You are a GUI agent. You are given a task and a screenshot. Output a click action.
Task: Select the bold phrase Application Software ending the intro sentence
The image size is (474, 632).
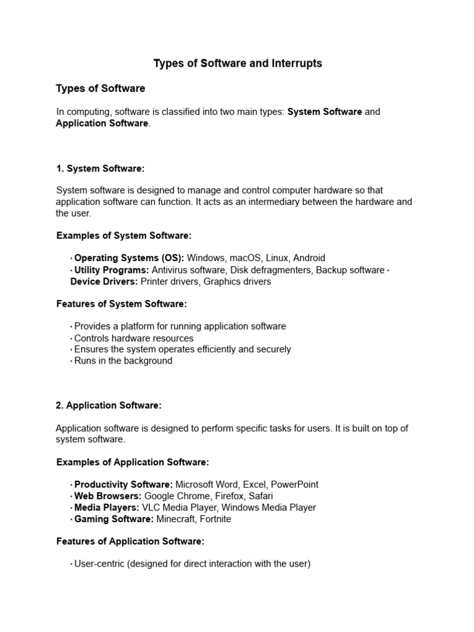click(x=102, y=123)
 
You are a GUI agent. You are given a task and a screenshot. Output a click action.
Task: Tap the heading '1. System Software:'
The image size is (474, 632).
click(x=100, y=168)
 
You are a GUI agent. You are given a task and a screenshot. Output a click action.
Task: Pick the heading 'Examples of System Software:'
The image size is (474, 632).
click(x=123, y=236)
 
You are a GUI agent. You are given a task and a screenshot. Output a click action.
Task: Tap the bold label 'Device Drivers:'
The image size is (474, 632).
click(x=104, y=281)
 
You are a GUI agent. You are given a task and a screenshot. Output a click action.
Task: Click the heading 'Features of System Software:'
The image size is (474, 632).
click(x=121, y=304)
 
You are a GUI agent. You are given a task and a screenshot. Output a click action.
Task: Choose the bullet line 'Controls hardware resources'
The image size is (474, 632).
click(x=133, y=338)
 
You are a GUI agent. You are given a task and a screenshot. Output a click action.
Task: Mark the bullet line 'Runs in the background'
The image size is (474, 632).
click(x=123, y=360)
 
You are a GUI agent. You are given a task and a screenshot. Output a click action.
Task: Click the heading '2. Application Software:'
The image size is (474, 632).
click(x=109, y=405)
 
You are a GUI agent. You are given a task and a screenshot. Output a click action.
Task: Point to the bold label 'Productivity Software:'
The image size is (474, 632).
click(x=123, y=484)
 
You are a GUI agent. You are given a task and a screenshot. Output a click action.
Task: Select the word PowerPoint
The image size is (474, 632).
click(x=294, y=484)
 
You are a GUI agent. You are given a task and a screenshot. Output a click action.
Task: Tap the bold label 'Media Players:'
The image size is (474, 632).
click(x=107, y=507)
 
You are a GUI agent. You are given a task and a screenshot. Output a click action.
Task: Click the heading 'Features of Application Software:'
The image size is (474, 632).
click(x=130, y=541)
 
